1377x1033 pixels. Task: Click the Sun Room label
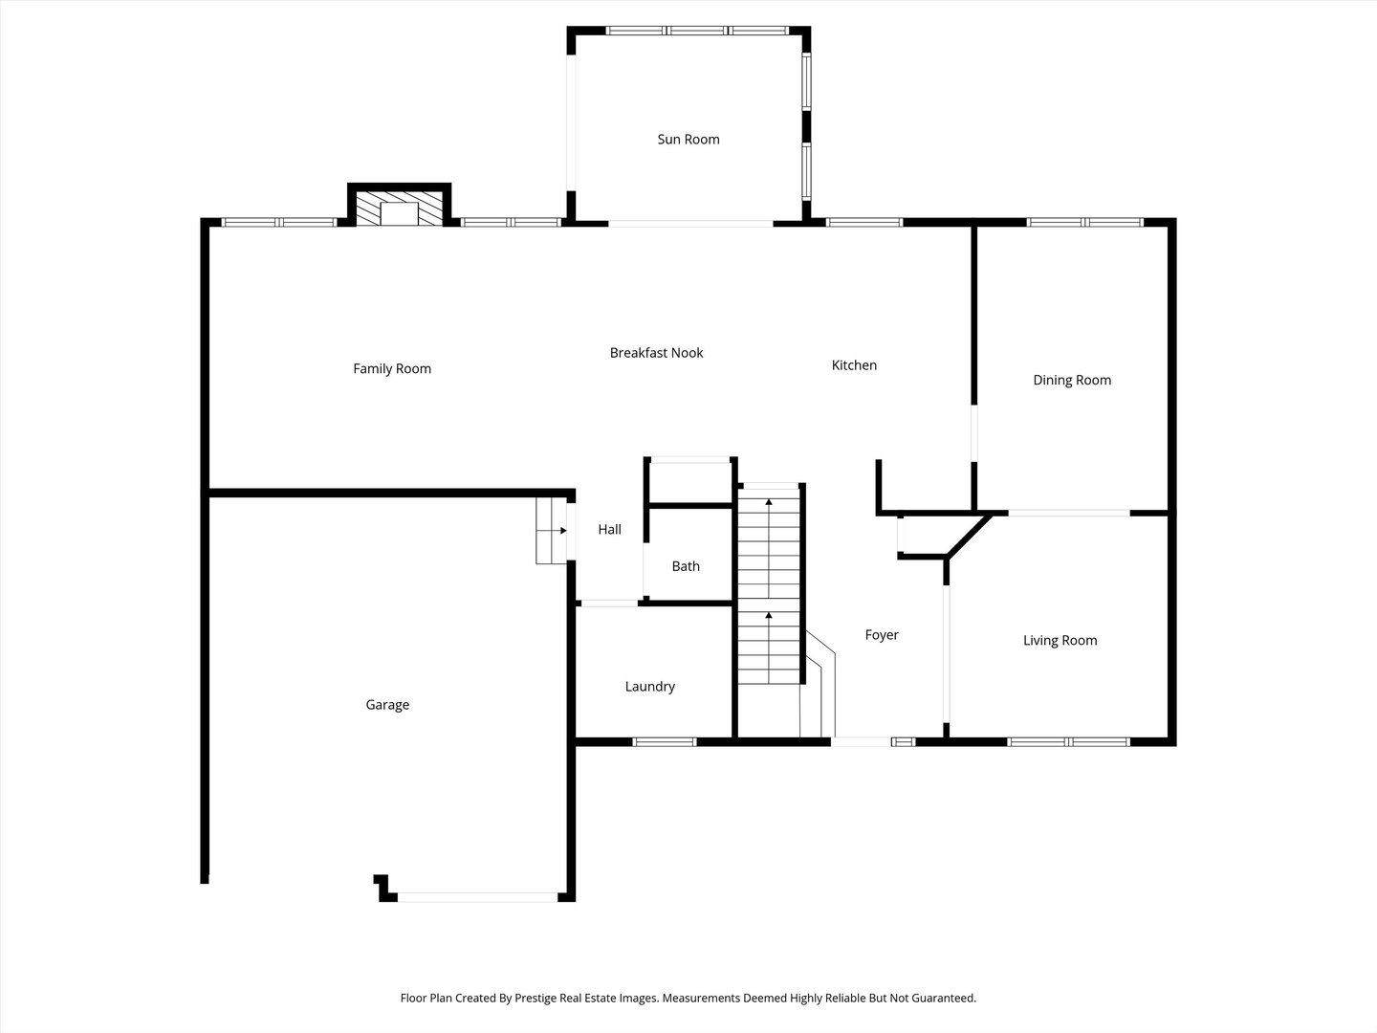point(688,140)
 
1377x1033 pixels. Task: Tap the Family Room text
point(392,369)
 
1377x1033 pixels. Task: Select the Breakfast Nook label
point(656,353)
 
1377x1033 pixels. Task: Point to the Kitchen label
point(854,365)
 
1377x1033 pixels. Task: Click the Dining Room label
point(1072,380)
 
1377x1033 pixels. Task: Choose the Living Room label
point(1060,641)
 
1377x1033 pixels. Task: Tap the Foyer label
point(882,635)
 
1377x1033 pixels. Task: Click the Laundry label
point(650,686)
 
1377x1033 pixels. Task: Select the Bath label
point(686,566)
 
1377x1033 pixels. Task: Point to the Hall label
point(609,529)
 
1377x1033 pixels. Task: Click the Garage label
point(387,704)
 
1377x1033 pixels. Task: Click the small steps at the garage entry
point(551,531)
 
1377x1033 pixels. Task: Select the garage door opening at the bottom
point(477,897)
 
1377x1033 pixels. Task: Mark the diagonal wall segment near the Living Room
point(970,535)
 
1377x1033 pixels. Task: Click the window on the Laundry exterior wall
point(665,742)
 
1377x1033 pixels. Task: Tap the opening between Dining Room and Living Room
point(1069,513)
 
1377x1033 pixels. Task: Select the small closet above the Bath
point(690,482)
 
